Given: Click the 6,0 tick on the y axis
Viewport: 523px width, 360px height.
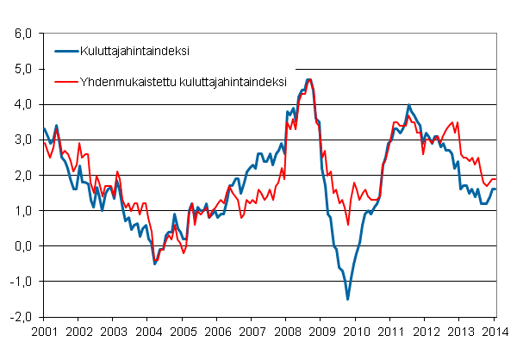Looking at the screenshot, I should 21,34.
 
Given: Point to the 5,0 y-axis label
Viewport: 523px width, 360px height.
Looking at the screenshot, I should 21,69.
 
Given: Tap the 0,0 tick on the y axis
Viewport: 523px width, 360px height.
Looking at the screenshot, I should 21,246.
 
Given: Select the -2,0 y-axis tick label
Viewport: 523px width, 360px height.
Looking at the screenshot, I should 19,317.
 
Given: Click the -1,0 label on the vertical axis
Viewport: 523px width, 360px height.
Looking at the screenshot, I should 19,282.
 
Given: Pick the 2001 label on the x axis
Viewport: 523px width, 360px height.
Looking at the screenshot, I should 44,331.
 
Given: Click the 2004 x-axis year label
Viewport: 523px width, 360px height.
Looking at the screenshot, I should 148,331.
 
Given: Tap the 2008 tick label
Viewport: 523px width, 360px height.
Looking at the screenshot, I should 287,331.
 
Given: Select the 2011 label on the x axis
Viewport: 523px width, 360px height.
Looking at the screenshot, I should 391,331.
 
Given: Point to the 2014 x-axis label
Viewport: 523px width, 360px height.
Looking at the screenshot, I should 495,331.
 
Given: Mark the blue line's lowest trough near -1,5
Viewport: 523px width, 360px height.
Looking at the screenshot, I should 348,299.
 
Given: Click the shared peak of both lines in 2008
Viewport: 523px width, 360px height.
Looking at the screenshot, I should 308,80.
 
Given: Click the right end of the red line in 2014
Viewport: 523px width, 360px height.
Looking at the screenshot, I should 496,179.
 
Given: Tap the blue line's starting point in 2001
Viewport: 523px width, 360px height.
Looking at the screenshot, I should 44,129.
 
